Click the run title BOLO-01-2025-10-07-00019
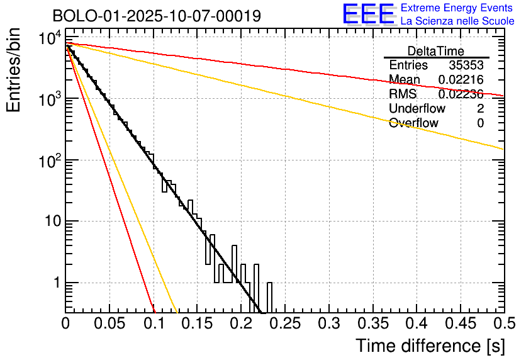[x=156, y=16]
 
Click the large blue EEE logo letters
[x=368, y=14]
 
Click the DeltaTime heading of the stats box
[x=435, y=51]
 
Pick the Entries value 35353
[x=466, y=65]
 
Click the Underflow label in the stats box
[x=417, y=109]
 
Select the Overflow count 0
[x=480, y=123]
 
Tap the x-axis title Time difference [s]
[x=430, y=346]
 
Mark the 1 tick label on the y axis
[x=55, y=283]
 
